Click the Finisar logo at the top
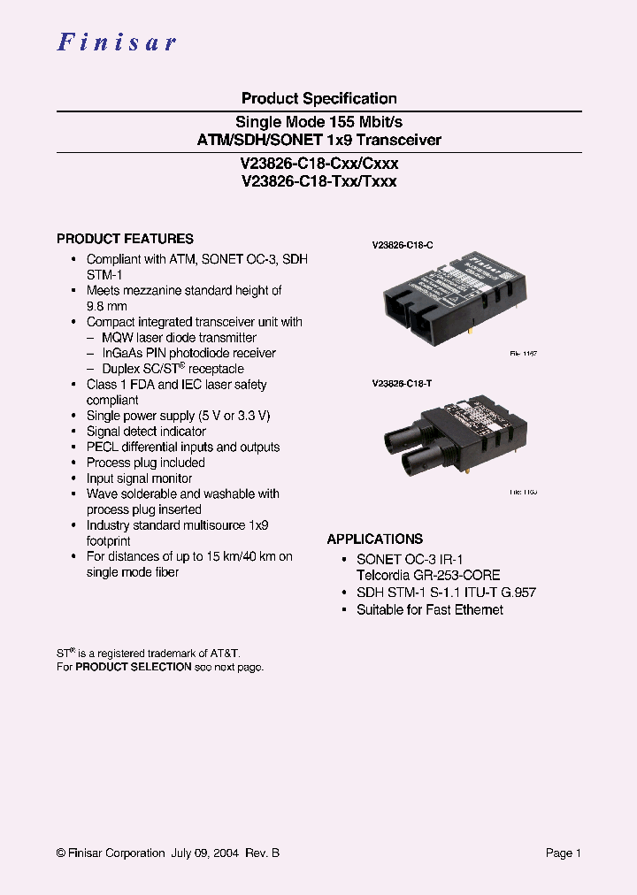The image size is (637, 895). pos(117,42)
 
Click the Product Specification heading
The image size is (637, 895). pos(318,98)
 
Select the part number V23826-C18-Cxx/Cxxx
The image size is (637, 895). pos(318,164)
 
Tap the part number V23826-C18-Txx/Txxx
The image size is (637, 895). pos(318,181)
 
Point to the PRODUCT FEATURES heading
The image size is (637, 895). pos(125,239)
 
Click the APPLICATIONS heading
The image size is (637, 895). pos(374,539)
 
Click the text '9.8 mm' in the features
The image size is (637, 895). pos(107,306)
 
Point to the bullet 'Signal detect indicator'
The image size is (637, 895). pos(146,432)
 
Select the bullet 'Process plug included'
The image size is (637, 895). pos(145,463)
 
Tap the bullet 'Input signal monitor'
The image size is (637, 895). pos(139,478)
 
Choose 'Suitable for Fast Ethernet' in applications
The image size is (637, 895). pos(429,609)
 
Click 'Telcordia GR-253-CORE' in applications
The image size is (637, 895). pos(427,575)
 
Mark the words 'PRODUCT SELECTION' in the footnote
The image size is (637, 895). pos(134,667)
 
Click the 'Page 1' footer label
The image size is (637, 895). pos(563,853)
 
